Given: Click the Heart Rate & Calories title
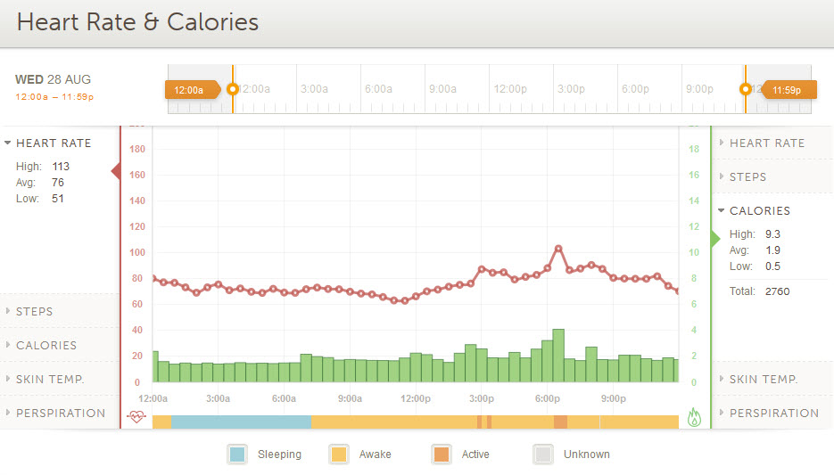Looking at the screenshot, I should tap(137, 22).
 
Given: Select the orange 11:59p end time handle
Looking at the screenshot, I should tap(786, 89).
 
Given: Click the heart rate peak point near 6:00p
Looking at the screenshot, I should tap(558, 249).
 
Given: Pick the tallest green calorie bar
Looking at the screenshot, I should tap(558, 355).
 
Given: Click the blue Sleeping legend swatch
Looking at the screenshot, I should tap(236, 454).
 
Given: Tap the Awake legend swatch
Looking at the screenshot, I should tap(338, 454).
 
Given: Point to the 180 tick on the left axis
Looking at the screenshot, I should tap(137, 149).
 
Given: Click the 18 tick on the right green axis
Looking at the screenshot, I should tap(693, 149).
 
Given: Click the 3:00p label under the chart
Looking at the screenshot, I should tap(482, 398).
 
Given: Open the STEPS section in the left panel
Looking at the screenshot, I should tap(35, 311).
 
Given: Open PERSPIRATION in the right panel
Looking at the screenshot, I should tap(773, 413).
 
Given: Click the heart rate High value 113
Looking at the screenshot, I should tap(61, 167).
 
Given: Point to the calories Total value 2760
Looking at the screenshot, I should tap(777, 291).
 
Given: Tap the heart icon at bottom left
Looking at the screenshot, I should tap(136, 415).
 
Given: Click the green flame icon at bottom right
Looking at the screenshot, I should tap(694, 415).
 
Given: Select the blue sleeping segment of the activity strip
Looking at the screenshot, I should tap(241, 422).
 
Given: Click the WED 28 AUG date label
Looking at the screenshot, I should tap(54, 79).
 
